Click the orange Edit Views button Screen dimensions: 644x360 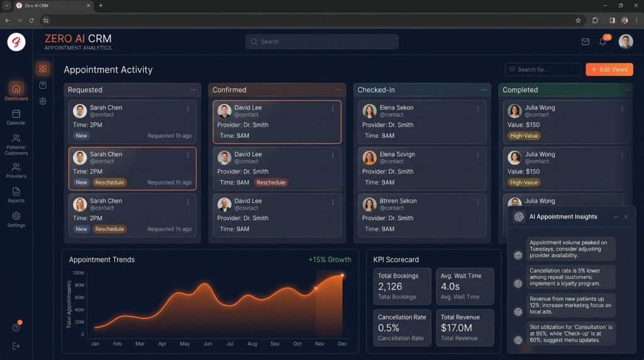(x=609, y=69)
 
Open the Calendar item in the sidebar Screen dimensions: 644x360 (x=16, y=117)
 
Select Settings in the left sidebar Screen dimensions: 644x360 (x=16, y=220)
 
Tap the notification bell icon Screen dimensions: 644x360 (x=602, y=42)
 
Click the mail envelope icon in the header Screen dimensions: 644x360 (x=586, y=42)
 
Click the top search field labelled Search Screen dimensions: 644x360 (x=322, y=42)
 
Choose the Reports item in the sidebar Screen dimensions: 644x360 (x=16, y=195)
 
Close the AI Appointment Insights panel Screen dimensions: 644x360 (x=626, y=217)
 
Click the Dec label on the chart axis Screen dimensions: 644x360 (x=342, y=344)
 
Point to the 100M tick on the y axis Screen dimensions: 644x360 (x=78, y=273)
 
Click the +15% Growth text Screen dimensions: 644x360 (x=330, y=260)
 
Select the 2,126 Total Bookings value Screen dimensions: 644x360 (x=390, y=286)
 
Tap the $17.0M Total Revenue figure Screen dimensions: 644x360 (x=457, y=328)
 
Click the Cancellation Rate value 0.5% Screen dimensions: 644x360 (x=388, y=328)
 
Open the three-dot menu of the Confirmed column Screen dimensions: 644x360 (x=338, y=89)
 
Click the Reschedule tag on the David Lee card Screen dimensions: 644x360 (x=271, y=183)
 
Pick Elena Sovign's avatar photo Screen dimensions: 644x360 (x=369, y=157)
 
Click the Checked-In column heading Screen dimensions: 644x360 (x=376, y=89)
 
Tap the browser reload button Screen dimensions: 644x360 (x=31, y=20)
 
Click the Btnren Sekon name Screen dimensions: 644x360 (x=398, y=201)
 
